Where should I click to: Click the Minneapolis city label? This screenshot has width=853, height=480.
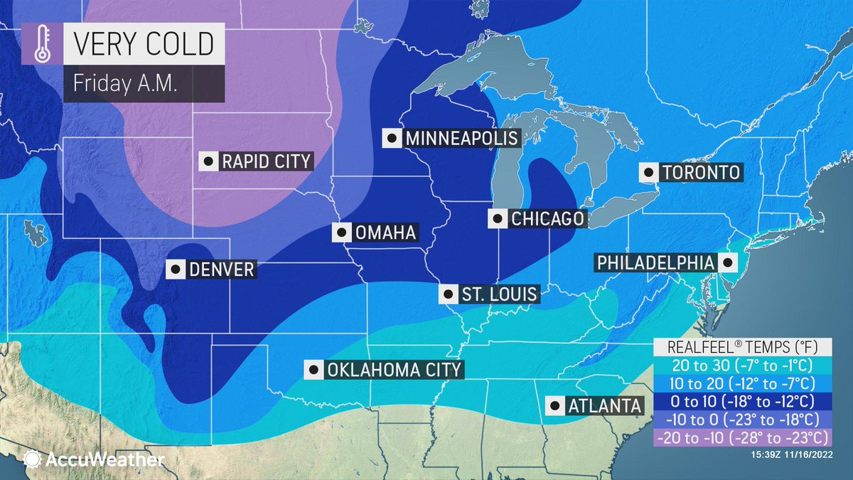click(461, 138)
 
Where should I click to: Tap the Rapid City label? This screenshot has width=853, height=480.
click(266, 161)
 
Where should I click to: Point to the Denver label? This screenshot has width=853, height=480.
click(221, 270)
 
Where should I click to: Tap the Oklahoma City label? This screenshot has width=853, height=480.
click(393, 370)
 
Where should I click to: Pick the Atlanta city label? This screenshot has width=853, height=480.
click(604, 405)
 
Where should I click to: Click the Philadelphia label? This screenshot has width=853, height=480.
click(654, 262)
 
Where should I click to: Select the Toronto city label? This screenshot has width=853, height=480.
click(701, 172)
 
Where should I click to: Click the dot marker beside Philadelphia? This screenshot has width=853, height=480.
click(727, 262)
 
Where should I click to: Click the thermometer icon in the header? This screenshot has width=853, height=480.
click(38, 46)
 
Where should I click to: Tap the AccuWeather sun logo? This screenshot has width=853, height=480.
click(32, 459)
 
